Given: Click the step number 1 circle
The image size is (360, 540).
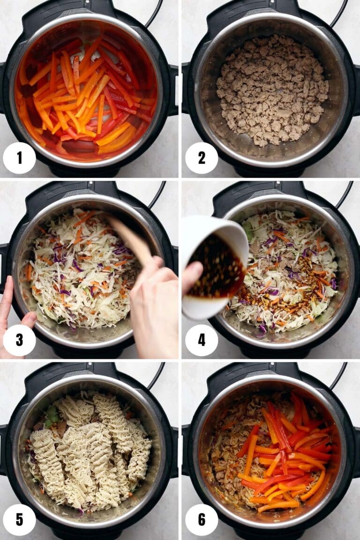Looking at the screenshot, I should (x=19, y=158).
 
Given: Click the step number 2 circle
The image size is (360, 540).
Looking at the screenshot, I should (x=202, y=158).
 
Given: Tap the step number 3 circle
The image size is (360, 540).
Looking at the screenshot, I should (x=19, y=340).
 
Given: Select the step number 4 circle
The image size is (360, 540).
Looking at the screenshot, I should (x=202, y=340).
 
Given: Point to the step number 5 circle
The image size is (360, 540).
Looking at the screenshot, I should (x=19, y=520).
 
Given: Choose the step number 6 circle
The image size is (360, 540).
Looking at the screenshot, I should (x=202, y=520).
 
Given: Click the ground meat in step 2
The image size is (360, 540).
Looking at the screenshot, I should (x=272, y=89).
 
